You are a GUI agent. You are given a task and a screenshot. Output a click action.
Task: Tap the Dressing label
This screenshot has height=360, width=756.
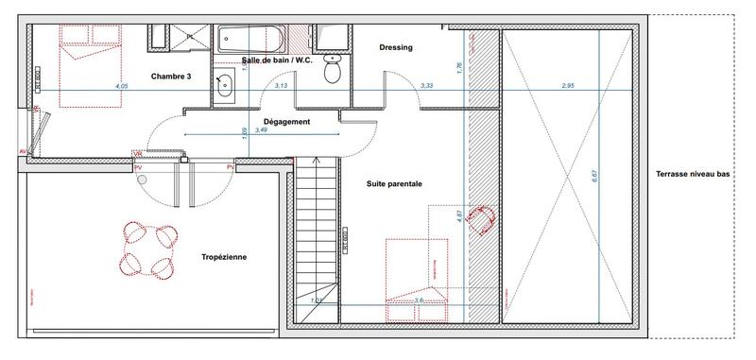pyautogui.click(x=395, y=47)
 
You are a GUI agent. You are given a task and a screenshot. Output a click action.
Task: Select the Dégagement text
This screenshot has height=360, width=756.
pyautogui.click(x=286, y=122)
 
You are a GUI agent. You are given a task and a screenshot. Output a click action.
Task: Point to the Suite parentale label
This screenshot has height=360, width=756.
pyautogui.click(x=394, y=183)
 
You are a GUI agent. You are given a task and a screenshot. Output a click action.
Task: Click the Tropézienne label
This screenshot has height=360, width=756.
pyautogui.click(x=224, y=256)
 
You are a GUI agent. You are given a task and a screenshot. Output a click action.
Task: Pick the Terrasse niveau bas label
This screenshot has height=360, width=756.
pyautogui.click(x=697, y=174)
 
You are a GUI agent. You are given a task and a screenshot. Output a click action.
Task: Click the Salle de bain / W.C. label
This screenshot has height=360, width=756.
pyautogui.click(x=277, y=60)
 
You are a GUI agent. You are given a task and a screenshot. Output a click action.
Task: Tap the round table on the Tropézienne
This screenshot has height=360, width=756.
pyautogui.click(x=147, y=249)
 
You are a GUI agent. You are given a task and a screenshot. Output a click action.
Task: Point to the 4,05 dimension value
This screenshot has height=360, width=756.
pyautogui.click(x=120, y=87)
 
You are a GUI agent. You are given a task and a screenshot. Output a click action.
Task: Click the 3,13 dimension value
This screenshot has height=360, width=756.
pyautogui.click(x=281, y=86)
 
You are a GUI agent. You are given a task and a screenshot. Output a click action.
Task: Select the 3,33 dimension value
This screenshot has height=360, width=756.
pyautogui.click(x=427, y=86)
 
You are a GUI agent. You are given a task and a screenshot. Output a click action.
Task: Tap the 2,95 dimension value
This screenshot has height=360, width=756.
pyautogui.click(x=568, y=86)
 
